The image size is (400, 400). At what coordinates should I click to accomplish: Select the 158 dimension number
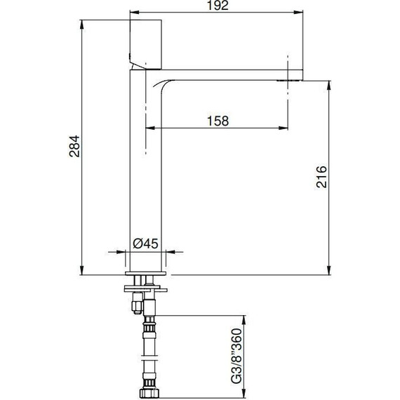point(218,121)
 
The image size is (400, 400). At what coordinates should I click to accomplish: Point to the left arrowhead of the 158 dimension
point(149,128)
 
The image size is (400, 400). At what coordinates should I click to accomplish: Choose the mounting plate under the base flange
point(147,287)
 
